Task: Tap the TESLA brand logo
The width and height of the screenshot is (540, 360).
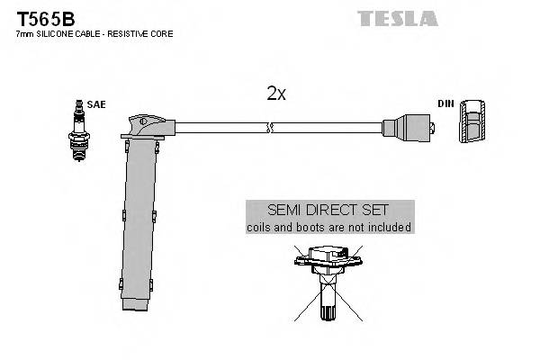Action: click(397, 17)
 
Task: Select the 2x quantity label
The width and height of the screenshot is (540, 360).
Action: click(276, 94)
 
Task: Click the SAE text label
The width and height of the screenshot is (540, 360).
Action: click(96, 104)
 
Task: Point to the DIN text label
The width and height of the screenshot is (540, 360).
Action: click(445, 104)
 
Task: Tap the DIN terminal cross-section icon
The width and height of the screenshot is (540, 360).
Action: click(471, 123)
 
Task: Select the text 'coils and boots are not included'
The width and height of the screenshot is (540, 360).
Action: click(329, 228)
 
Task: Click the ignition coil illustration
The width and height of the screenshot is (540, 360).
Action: click(328, 265)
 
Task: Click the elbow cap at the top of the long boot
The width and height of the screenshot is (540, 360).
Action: click(146, 122)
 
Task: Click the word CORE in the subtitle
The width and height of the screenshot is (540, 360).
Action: click(162, 33)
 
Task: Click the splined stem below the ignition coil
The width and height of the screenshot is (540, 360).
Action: click(328, 310)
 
